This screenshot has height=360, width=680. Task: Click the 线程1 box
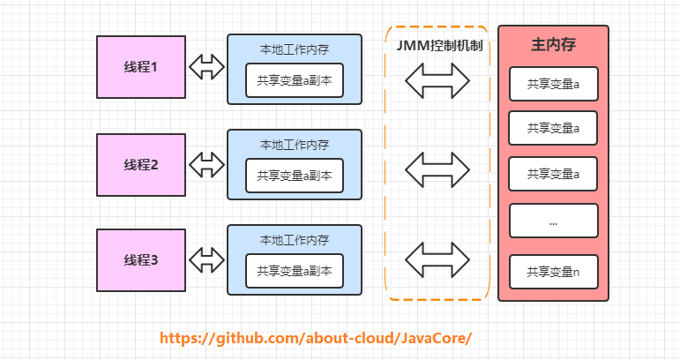[141, 66]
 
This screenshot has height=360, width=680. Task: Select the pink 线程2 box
[141, 163]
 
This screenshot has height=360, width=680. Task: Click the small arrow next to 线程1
[206, 66]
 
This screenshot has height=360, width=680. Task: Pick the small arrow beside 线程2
[206, 163]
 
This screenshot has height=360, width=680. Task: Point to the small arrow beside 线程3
[206, 259]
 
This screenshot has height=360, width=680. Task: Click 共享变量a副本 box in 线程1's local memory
[295, 80]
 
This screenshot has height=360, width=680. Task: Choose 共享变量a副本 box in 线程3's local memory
[295, 272]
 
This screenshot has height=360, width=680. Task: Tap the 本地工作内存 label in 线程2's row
[295, 145]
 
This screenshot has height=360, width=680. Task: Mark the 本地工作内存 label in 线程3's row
[295, 240]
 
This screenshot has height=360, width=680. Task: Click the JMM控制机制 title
[438, 45]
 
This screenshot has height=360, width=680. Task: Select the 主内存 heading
[553, 44]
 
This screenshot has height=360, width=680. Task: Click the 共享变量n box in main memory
[553, 272]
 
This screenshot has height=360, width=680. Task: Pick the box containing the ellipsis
[553, 221]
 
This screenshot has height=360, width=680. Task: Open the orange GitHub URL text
[316, 338]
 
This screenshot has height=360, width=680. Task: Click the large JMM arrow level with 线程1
[437, 81]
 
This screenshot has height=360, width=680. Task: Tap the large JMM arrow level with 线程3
[437, 259]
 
